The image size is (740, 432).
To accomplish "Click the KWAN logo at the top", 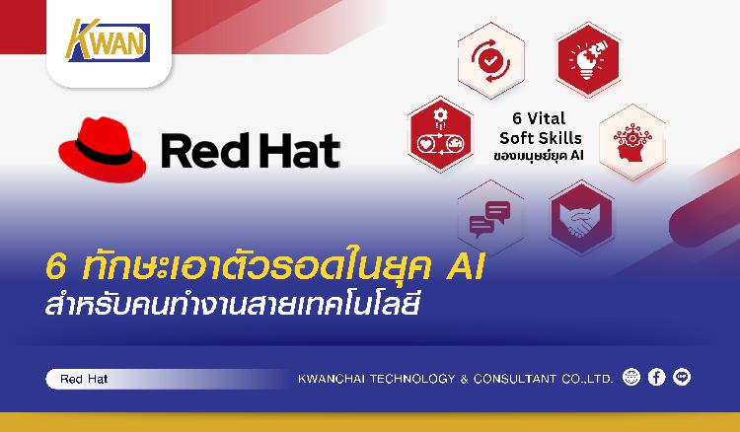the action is [108, 40].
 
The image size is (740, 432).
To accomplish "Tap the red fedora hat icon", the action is [102, 149].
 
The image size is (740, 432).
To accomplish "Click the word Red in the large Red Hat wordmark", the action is [205, 151].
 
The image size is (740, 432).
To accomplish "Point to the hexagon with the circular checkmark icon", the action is [490, 61].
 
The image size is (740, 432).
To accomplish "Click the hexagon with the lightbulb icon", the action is [588, 59].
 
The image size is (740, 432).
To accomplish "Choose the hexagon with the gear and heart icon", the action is [441, 134].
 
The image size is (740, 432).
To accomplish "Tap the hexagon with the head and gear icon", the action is [632, 142].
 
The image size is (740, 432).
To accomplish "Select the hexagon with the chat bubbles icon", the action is [490, 218].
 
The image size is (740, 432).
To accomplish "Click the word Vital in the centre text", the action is [546, 118].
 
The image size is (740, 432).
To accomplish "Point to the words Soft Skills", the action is [541, 138].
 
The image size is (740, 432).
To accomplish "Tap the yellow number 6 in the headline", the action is [56, 267].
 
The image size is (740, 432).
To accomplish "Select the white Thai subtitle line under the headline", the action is [232, 304].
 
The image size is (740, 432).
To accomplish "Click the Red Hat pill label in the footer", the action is [85, 379].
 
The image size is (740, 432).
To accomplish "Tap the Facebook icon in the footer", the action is [656, 377].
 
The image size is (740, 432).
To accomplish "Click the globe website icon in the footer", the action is [631, 377].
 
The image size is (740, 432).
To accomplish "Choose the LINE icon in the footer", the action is [682, 377].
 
